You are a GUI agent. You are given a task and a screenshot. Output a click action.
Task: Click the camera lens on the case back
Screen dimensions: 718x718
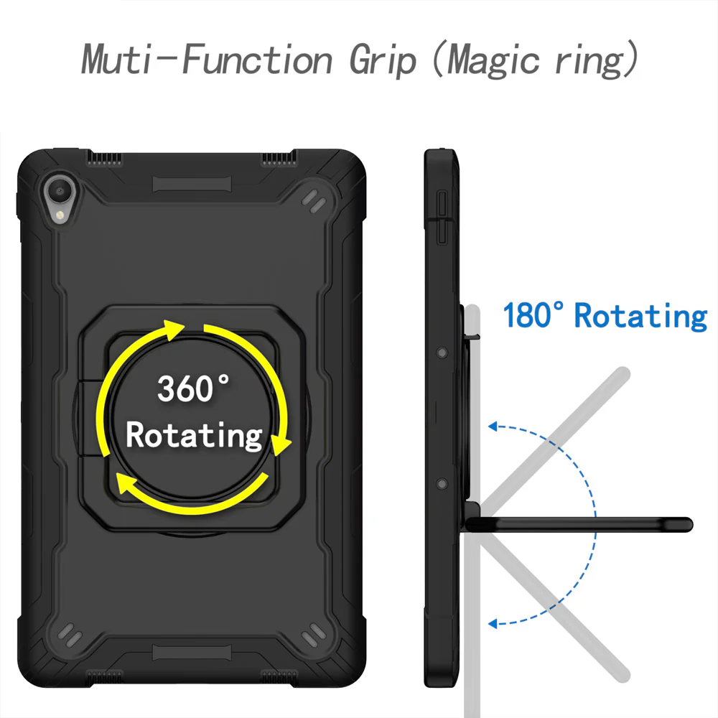pos(60,190)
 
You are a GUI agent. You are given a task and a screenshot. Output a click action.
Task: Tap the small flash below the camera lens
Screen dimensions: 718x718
pos(59,215)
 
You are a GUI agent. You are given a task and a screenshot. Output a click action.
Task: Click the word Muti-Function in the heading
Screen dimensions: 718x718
pos(207,59)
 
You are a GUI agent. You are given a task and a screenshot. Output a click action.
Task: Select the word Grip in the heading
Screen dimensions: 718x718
pos(383,61)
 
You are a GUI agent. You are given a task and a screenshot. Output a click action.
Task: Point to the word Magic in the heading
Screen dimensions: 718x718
pos(493,61)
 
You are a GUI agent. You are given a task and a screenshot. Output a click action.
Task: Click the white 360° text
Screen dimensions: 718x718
pos(193,388)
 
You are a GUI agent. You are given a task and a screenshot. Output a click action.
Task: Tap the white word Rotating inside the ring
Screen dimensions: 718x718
pos(194,436)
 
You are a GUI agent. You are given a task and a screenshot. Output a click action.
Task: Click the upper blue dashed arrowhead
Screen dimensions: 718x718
pos(493,426)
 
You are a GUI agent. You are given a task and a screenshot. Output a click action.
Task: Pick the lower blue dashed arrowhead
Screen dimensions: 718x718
pos(493,624)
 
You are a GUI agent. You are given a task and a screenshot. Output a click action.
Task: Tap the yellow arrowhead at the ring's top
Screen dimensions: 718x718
pos(173,330)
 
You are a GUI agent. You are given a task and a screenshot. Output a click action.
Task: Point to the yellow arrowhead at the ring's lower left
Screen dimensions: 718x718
pos(127,483)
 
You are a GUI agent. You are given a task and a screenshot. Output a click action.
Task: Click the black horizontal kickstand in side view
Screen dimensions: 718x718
pos(579,524)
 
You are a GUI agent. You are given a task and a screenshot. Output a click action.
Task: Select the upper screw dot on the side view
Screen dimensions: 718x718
pos(442,353)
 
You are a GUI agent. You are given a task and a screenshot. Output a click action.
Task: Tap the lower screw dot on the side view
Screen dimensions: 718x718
pos(442,483)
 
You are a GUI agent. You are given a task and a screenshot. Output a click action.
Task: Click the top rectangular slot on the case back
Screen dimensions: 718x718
pos(192,184)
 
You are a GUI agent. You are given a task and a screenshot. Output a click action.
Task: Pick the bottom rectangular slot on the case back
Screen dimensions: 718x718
pos(192,653)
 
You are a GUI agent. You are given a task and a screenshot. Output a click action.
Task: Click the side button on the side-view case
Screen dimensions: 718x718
pos(442,218)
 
